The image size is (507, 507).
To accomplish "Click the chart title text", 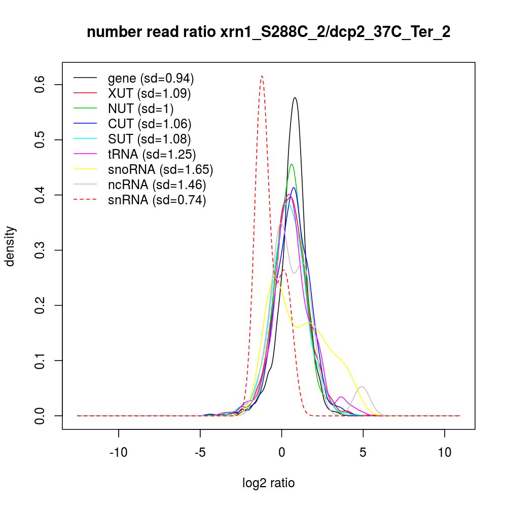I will (x=269, y=32).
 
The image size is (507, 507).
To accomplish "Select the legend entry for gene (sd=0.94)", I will (x=151, y=79).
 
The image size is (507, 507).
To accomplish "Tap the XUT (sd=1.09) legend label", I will (x=150, y=94).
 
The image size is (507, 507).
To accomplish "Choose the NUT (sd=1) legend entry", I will (x=141, y=108).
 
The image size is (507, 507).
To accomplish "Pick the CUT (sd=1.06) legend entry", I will (x=150, y=124).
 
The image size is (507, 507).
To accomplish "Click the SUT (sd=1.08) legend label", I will (x=150, y=139).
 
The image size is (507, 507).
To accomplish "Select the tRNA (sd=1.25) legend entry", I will (x=152, y=154).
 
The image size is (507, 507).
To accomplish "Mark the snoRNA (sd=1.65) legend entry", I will (x=160, y=169).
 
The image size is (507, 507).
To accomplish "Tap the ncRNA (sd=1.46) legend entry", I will (x=157, y=185).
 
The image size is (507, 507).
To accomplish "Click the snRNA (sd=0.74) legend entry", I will (x=157, y=200).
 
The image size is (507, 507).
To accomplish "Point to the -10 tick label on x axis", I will (x=119, y=452).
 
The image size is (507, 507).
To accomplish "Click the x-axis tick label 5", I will (x=363, y=452).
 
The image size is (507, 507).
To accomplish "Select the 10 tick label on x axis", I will (x=445, y=452).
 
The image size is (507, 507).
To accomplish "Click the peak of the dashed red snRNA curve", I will (x=262, y=77).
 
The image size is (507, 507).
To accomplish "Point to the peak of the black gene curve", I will (x=295, y=98).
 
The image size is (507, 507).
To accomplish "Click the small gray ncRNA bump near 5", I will (x=362, y=387).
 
